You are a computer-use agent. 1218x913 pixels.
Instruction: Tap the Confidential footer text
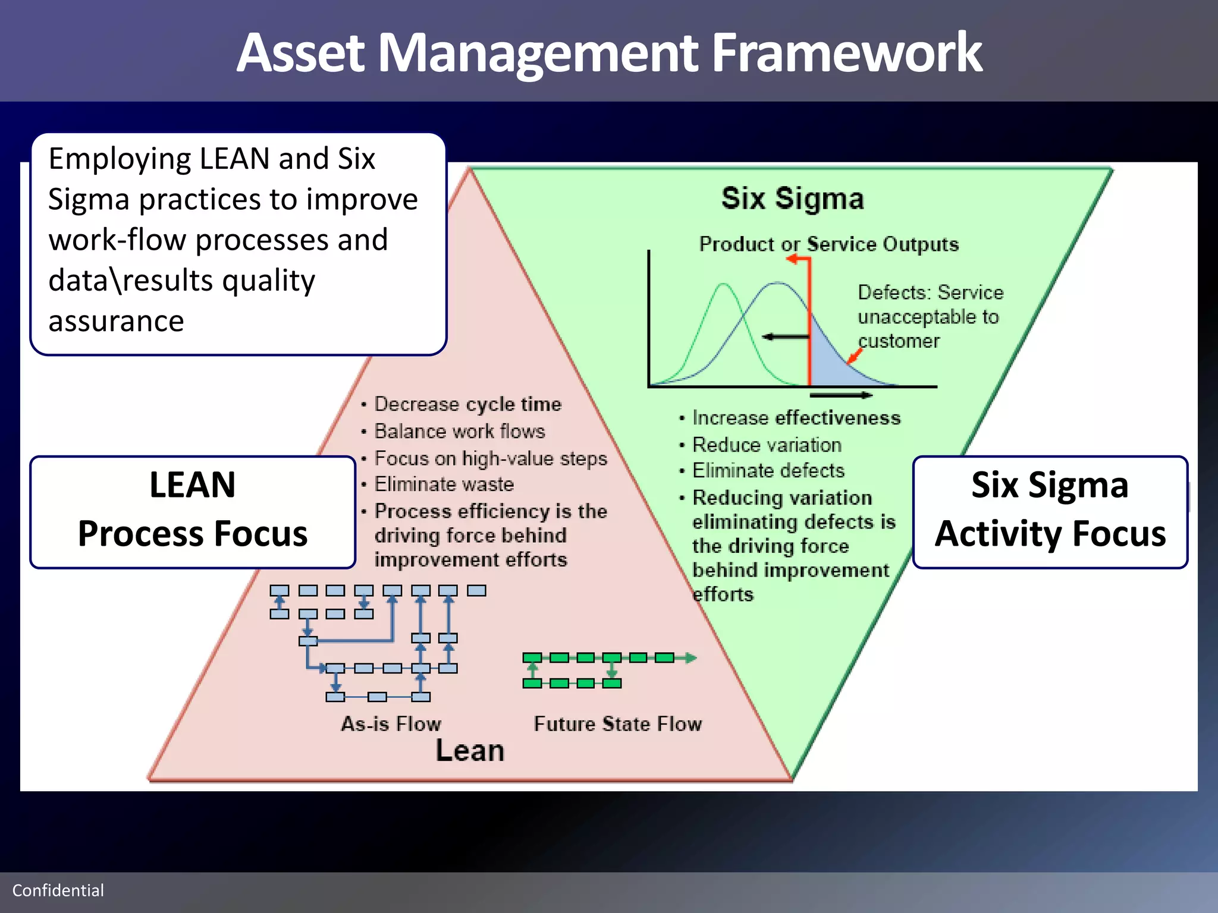point(58,890)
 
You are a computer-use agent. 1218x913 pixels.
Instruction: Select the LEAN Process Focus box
point(193,512)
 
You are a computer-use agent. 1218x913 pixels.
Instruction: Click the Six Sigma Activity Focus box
point(1050,512)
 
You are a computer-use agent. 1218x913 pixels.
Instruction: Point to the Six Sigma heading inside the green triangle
point(792,199)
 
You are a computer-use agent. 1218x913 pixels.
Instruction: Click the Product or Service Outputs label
point(828,244)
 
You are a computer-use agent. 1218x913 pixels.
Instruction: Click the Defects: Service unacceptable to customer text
point(930,317)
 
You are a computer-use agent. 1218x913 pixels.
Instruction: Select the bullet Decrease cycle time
point(467,404)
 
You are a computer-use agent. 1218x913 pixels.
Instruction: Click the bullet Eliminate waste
point(444,484)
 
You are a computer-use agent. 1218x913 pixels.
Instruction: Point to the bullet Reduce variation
point(767,445)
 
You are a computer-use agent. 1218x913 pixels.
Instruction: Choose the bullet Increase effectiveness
point(796,418)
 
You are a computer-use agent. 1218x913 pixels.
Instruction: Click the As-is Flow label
point(391,724)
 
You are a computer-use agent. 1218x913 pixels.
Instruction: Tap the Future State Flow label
point(617,724)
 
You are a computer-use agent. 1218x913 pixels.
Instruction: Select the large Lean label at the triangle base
point(470,751)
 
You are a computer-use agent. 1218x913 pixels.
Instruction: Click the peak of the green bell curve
point(724,285)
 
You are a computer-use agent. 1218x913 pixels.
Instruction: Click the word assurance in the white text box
point(116,322)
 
